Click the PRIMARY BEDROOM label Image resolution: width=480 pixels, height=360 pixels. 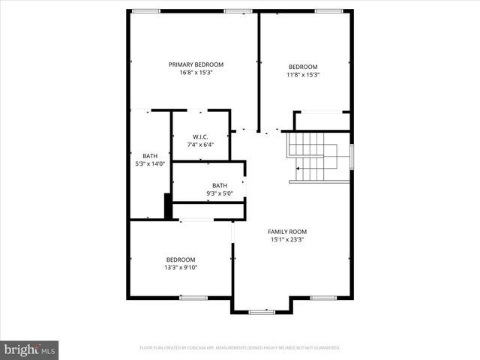click(x=196, y=64)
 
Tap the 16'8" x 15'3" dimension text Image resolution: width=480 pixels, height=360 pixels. click(x=196, y=73)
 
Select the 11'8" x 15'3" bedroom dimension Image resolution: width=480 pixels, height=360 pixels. click(x=303, y=74)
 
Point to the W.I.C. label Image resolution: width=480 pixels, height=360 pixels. click(x=199, y=136)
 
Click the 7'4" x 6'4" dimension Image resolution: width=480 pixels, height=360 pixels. click(x=199, y=145)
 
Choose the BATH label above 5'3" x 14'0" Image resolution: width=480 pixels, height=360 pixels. click(x=150, y=155)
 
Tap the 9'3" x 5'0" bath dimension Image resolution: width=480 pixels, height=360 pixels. click(x=220, y=193)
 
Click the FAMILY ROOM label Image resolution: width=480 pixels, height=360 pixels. click(x=287, y=232)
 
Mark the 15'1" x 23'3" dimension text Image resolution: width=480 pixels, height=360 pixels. click(x=287, y=240)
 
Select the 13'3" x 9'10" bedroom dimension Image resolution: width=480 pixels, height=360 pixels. click(x=181, y=268)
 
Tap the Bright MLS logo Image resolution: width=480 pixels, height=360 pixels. click(x=30, y=349)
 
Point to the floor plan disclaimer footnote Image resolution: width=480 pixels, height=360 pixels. click(x=240, y=348)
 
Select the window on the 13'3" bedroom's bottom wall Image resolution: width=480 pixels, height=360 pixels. click(x=193, y=298)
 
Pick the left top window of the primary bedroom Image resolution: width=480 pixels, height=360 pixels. click(x=146, y=10)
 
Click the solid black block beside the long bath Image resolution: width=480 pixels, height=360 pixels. click(x=168, y=207)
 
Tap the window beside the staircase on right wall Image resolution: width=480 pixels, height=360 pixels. click(x=351, y=157)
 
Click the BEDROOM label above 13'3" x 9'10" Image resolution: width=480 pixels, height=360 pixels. click(x=181, y=259)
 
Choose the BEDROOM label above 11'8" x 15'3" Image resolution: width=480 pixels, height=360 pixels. click(x=303, y=66)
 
